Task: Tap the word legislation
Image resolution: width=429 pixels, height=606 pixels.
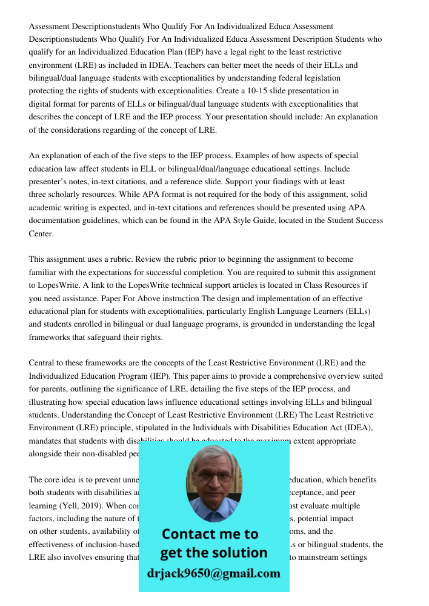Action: pos(321,78)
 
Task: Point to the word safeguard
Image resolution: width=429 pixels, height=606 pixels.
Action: pos(101,337)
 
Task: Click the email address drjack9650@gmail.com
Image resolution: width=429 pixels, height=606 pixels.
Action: pos(214,573)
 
